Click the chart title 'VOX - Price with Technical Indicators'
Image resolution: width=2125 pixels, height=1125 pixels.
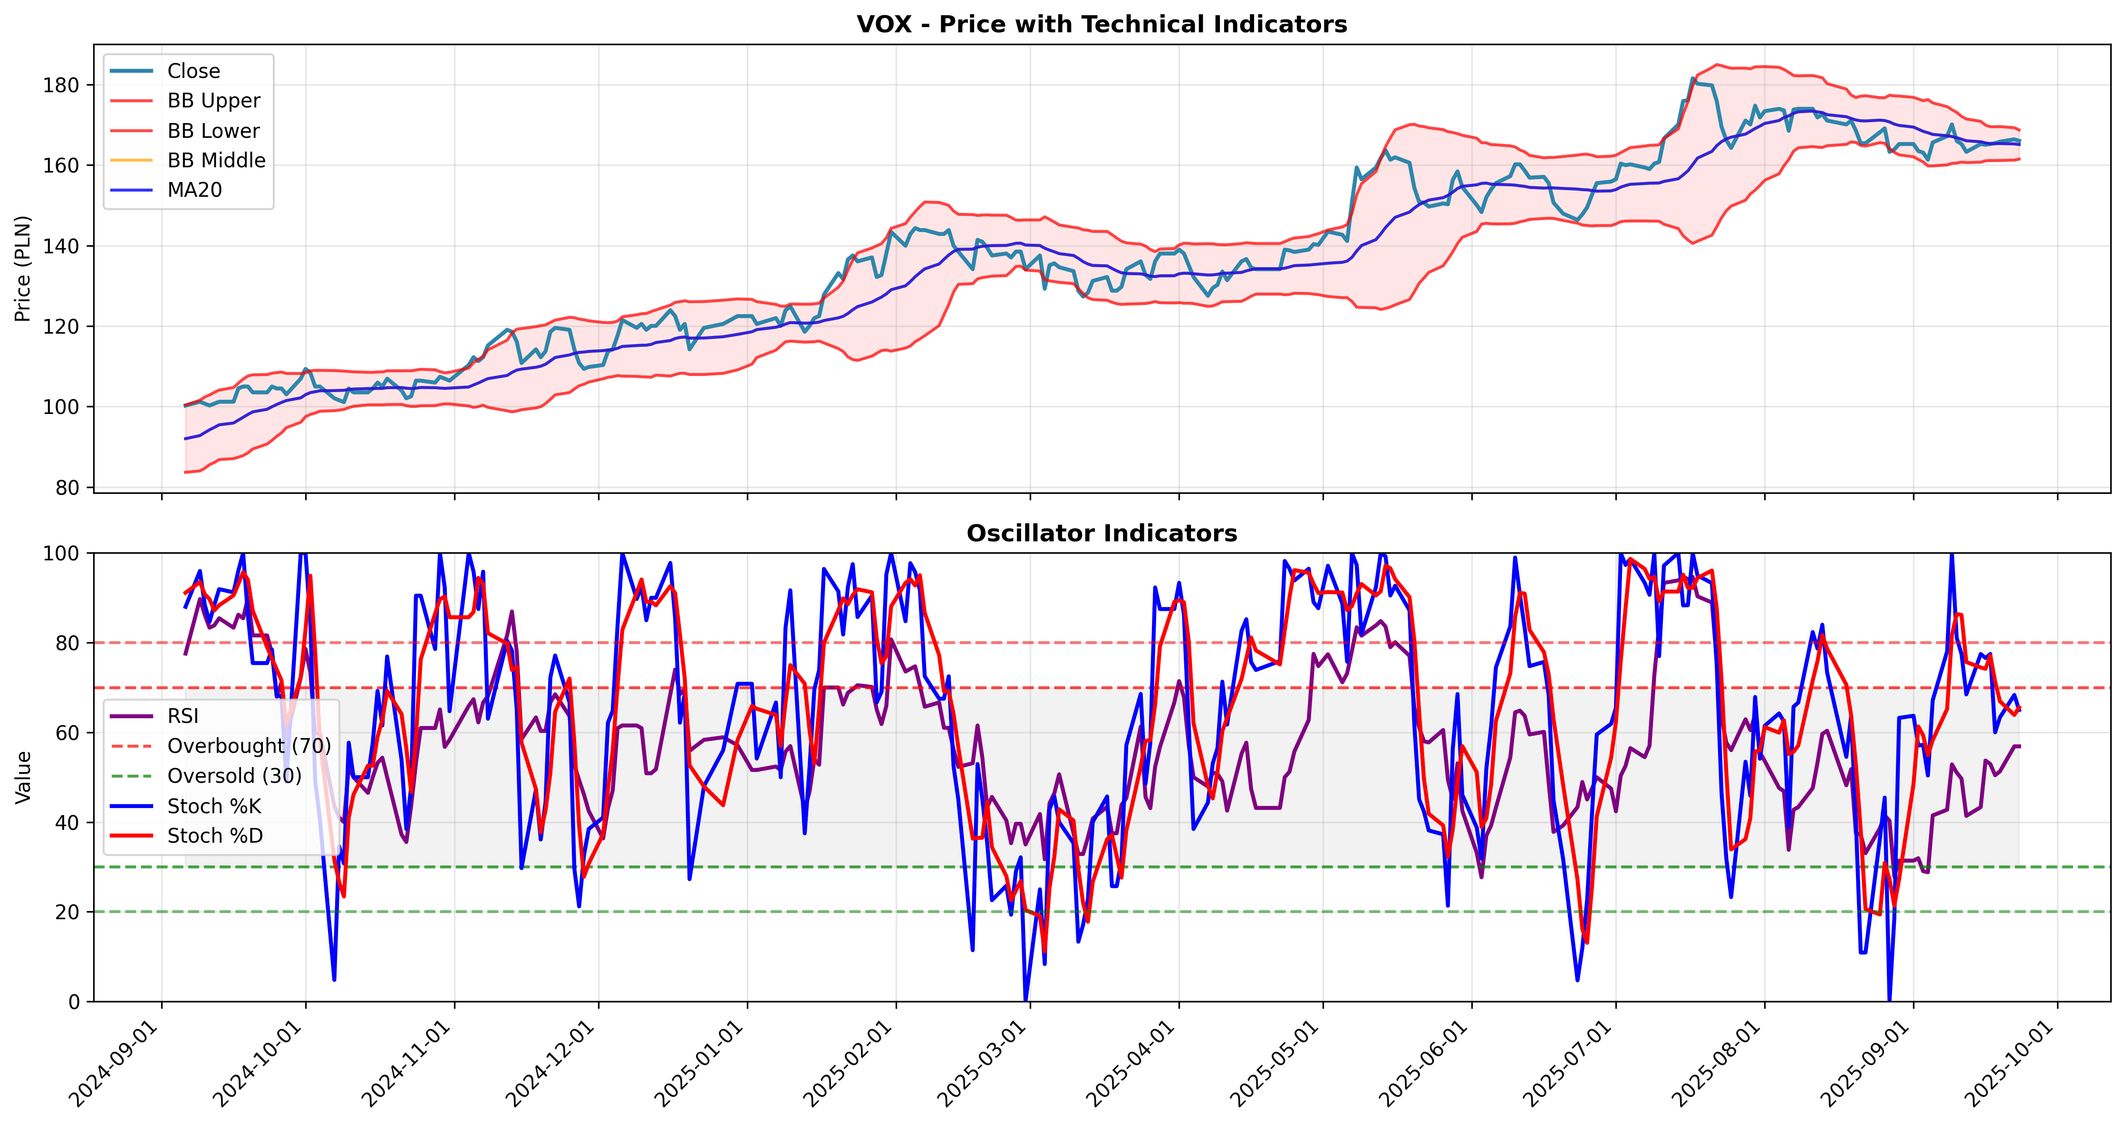[x=1101, y=24]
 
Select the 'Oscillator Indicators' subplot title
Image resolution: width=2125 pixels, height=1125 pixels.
[x=1101, y=534]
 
